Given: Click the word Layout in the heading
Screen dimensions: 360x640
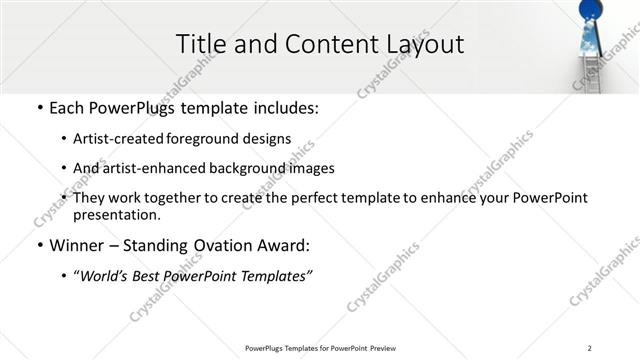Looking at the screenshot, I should [424, 44].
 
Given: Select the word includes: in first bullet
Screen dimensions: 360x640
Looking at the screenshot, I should [282, 107].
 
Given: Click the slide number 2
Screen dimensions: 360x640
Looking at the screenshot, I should [590, 348].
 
